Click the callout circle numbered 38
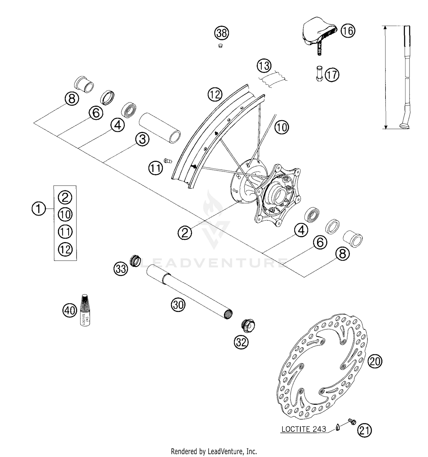(x=222, y=33)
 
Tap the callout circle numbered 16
(x=348, y=31)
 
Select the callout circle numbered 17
(x=332, y=75)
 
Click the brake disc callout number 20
(x=375, y=361)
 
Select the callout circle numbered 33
(x=121, y=269)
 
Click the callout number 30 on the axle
(x=178, y=305)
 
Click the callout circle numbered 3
(x=142, y=139)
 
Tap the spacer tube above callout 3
(x=160, y=128)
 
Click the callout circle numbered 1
(x=39, y=209)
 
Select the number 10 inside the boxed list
(x=65, y=214)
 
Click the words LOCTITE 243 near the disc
(x=304, y=429)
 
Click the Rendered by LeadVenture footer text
(x=214, y=451)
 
